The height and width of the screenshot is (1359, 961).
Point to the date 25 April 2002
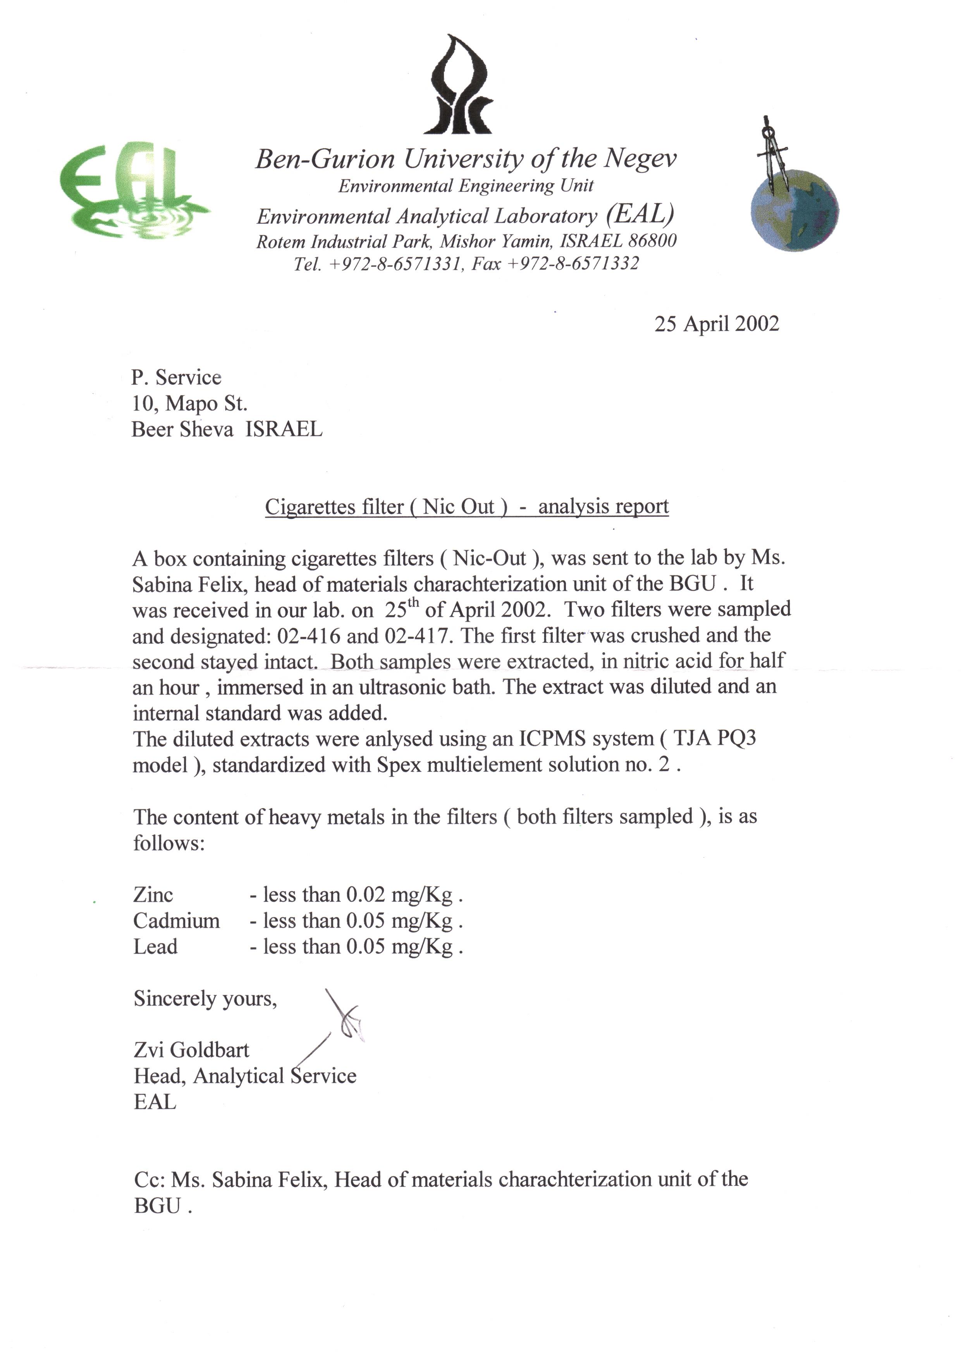(716, 324)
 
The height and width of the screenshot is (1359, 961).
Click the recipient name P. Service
(176, 377)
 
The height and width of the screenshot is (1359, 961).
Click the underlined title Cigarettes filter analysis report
(466, 506)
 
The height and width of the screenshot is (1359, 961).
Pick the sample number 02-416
(308, 636)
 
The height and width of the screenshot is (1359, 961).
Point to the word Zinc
(153, 894)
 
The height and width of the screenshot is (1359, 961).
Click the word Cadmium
(176, 920)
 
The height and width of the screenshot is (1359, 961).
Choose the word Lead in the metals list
(155, 946)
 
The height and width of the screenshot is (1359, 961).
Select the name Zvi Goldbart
(191, 1050)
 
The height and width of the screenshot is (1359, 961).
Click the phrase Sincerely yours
(205, 999)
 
